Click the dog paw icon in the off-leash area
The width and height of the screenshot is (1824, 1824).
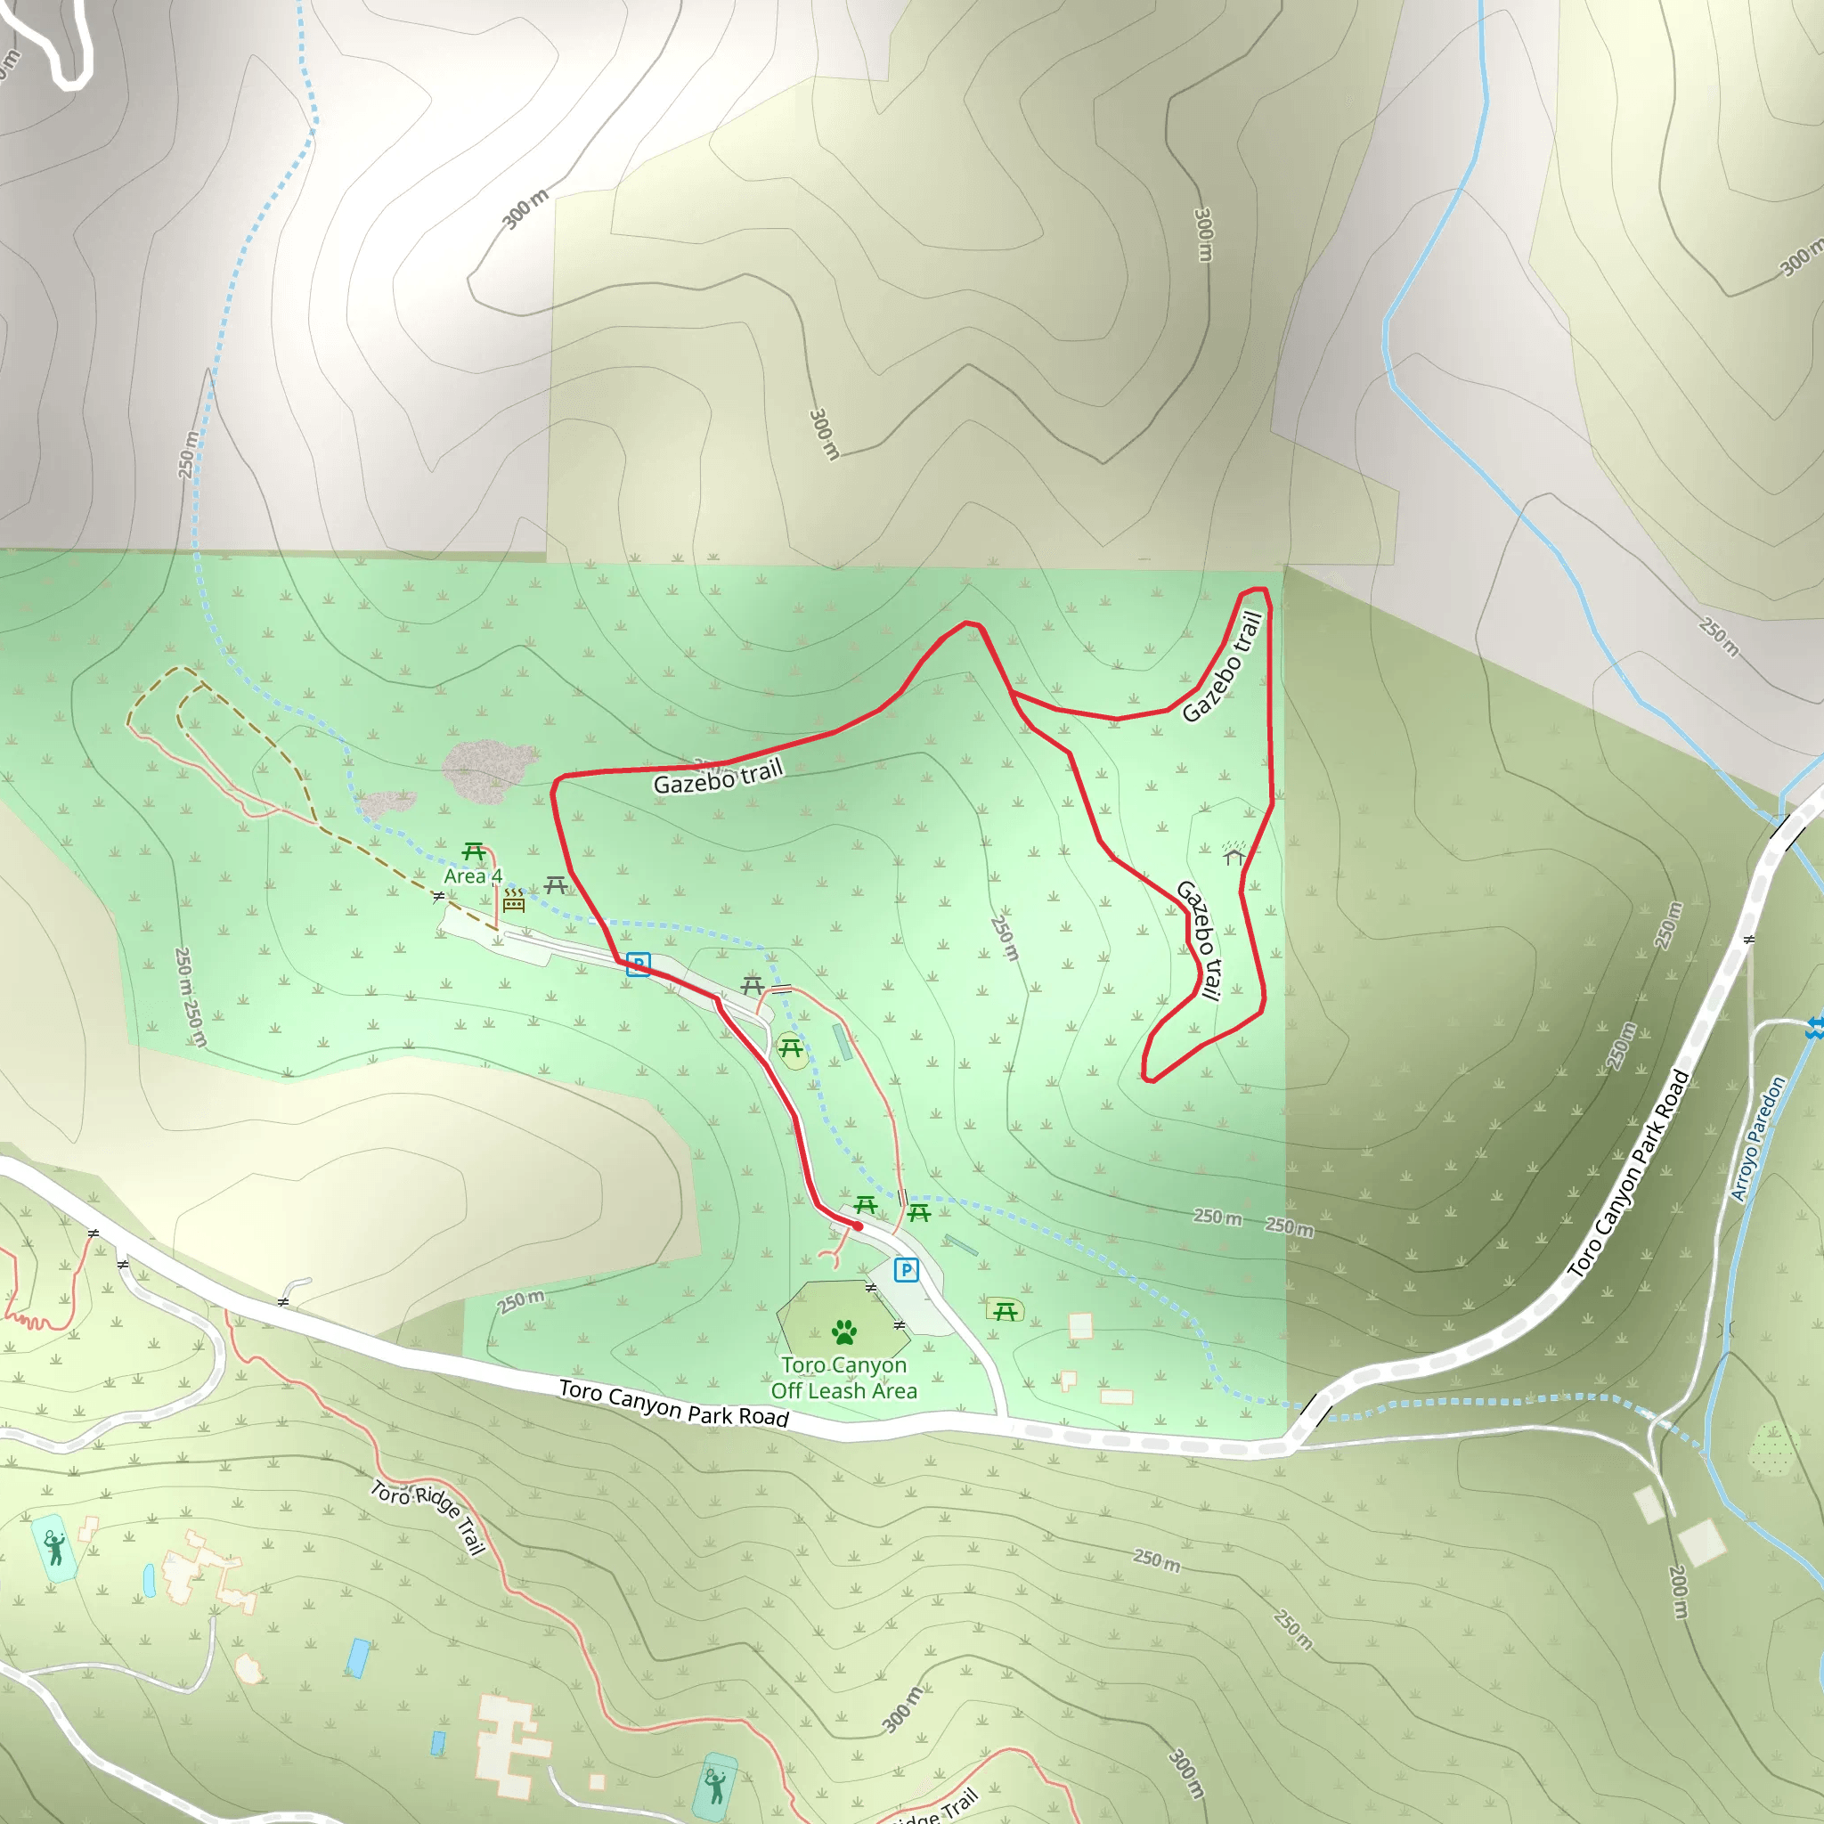[x=844, y=1332]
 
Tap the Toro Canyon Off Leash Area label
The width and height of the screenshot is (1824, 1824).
[x=843, y=1379]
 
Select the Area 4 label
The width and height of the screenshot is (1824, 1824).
[x=472, y=876]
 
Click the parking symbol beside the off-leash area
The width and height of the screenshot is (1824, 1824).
[x=906, y=1270]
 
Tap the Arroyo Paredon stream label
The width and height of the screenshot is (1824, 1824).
[x=1758, y=1138]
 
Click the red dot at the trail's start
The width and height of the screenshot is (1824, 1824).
[x=858, y=1226]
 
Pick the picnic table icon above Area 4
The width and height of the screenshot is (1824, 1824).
[x=474, y=852]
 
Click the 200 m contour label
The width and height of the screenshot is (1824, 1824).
[x=1678, y=1592]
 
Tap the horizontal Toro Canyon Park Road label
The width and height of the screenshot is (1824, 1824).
[x=673, y=1402]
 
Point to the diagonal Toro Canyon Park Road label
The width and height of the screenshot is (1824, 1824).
[x=1629, y=1174]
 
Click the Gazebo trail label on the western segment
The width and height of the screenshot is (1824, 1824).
[x=718, y=778]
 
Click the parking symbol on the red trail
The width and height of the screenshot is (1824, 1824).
[x=639, y=964]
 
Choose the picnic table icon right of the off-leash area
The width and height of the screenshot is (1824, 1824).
[x=1005, y=1310]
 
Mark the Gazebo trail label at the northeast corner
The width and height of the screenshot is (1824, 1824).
[x=1223, y=666]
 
